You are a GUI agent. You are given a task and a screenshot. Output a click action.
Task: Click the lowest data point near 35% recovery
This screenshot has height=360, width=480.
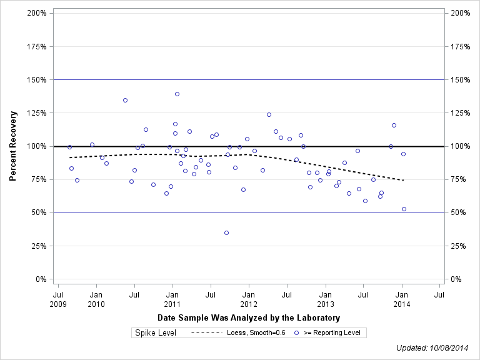pyautogui.click(x=226, y=232)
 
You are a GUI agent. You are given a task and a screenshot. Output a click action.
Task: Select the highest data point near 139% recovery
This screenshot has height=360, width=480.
pyautogui.click(x=177, y=94)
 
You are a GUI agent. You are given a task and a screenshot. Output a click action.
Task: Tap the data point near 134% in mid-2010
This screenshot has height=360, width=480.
pyautogui.click(x=125, y=100)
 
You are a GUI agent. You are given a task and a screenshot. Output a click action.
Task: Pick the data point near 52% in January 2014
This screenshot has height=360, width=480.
pyautogui.click(x=404, y=209)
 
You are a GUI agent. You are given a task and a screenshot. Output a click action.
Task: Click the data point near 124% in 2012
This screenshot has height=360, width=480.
pyautogui.click(x=269, y=114)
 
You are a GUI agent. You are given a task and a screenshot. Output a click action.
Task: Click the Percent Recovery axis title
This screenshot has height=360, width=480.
pyautogui.click(x=13, y=146)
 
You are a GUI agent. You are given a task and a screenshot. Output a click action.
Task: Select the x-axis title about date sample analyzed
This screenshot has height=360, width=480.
pyautogui.click(x=249, y=318)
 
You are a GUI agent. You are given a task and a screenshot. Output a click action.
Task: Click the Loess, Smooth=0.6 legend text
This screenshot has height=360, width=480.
pyautogui.click(x=256, y=333)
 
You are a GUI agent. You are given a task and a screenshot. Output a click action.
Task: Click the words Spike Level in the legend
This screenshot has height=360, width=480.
pyautogui.click(x=156, y=333)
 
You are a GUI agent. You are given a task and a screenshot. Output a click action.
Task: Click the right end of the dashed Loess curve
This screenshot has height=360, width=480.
pyautogui.click(x=404, y=180)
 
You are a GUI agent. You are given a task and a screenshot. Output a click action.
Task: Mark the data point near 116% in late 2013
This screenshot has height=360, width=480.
pyautogui.click(x=394, y=125)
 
